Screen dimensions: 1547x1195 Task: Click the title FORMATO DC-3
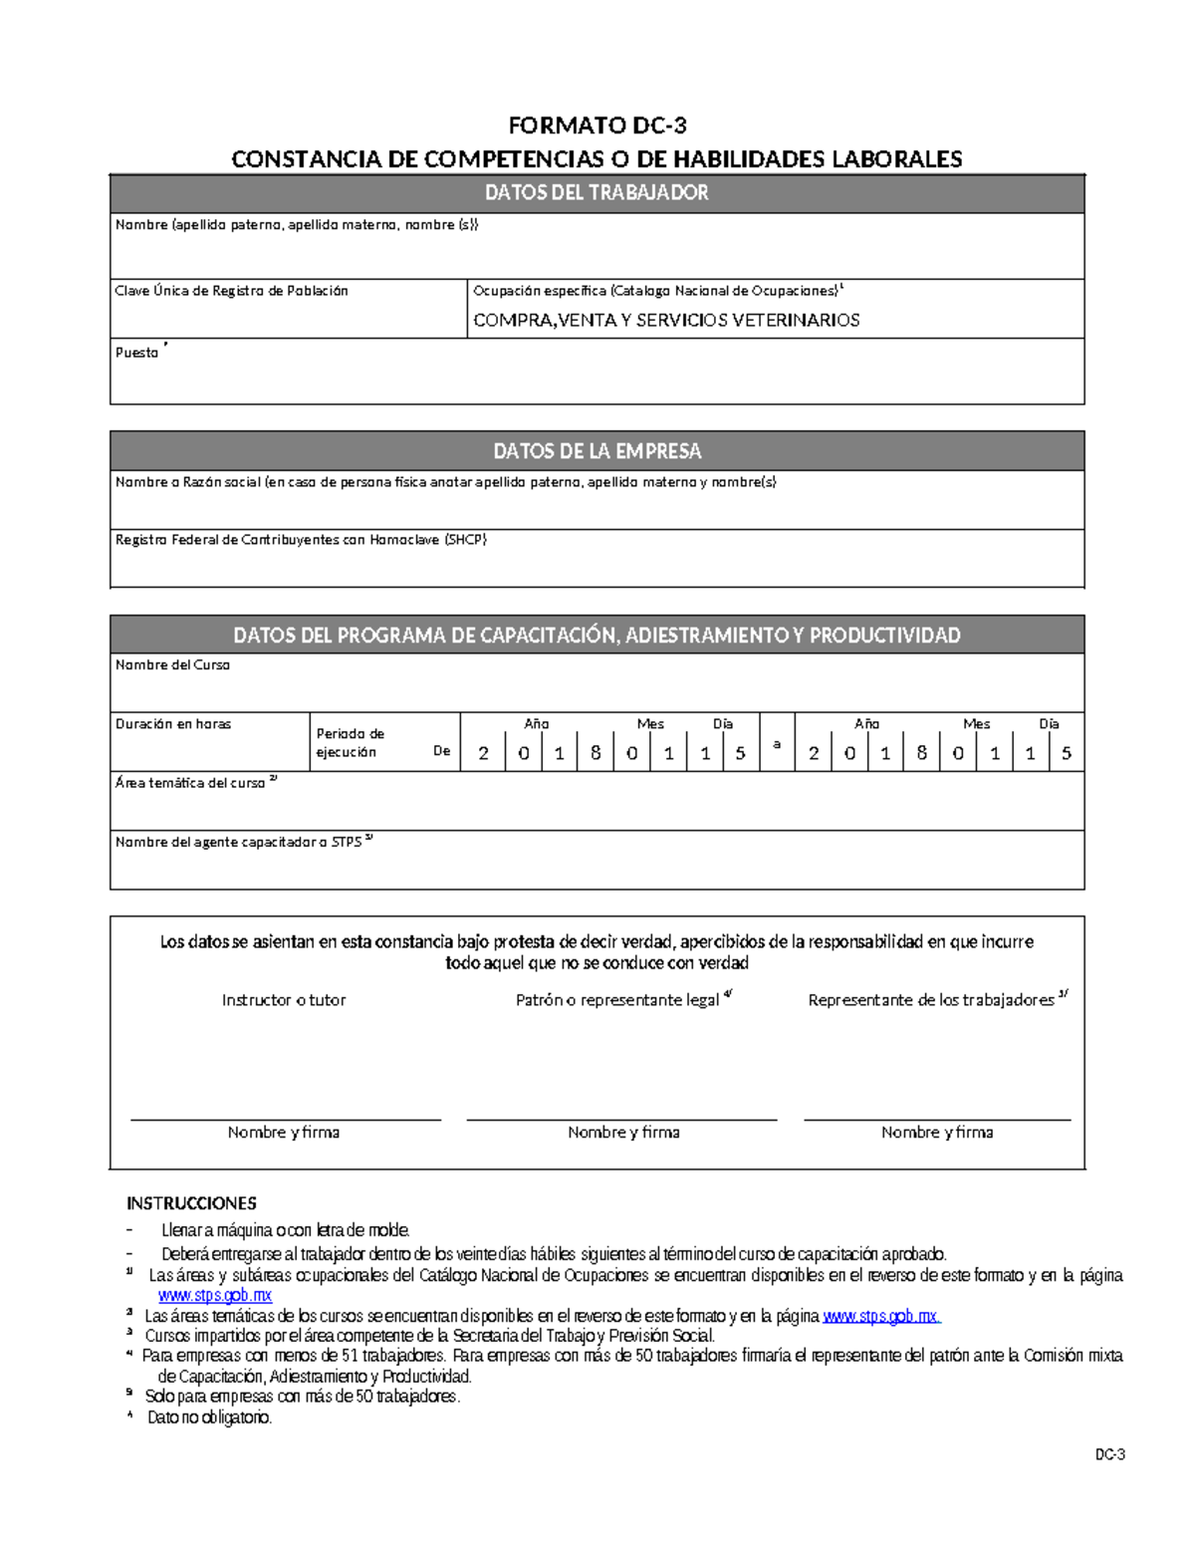597,126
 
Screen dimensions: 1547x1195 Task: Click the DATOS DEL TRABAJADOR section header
597,193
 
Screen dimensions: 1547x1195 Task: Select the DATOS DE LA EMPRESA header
597,451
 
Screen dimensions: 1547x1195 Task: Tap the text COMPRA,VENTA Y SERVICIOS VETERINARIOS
666,320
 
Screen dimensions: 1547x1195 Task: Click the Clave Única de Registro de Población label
232,291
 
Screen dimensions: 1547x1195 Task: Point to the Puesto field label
137,353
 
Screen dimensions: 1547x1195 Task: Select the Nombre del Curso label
172,664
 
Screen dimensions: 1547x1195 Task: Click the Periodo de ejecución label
350,743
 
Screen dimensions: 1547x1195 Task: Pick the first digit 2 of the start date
484,754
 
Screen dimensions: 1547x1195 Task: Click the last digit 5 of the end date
1067,754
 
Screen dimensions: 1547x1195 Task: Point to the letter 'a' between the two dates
777,744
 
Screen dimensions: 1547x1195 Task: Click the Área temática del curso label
192,783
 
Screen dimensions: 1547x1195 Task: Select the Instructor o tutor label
284,1000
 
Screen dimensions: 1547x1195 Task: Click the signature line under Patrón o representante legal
621,1120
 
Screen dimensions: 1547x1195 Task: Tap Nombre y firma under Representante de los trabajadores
936,1133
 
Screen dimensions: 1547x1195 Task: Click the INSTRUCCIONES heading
191,1203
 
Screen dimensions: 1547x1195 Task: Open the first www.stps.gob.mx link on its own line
215,1296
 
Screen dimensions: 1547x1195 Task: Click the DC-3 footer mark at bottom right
1109,1455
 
